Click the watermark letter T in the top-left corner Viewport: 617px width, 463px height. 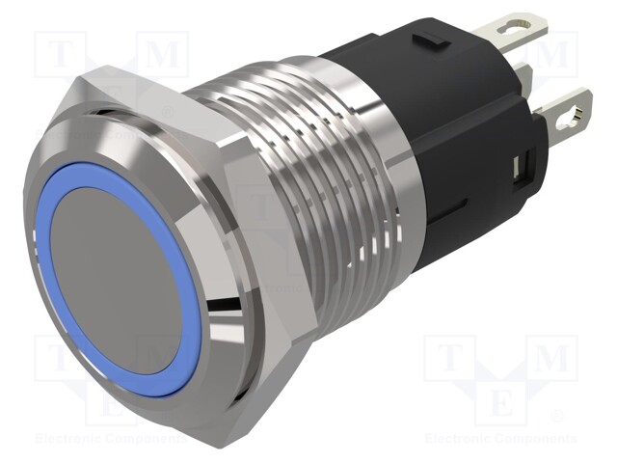[57, 56]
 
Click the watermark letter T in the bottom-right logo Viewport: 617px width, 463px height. [448, 358]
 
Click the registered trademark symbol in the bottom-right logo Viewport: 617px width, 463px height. [556, 417]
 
